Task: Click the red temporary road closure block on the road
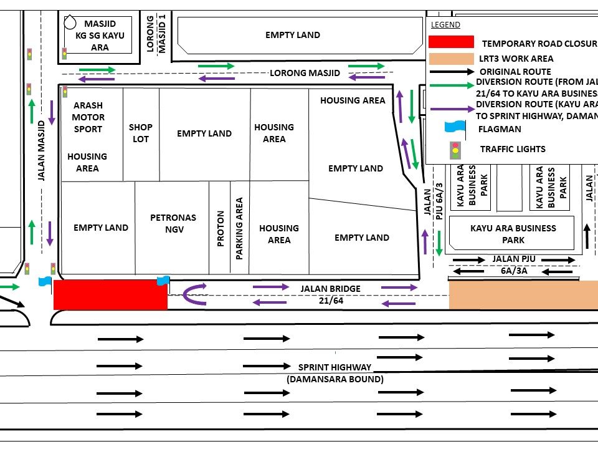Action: click(x=110, y=294)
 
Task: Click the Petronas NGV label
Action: click(x=173, y=223)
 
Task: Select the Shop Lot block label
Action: click(x=141, y=133)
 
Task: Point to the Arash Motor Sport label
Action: click(x=88, y=117)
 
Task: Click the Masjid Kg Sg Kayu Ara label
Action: click(x=100, y=36)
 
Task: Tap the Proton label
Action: click(x=220, y=229)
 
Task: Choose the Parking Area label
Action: click(x=239, y=229)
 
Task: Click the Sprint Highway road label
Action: click(x=335, y=373)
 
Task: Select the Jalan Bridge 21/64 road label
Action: click(x=330, y=294)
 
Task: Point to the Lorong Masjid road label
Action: click(x=305, y=73)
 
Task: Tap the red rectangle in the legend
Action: click(x=451, y=42)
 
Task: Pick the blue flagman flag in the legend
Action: click(x=455, y=127)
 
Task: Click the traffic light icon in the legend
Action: click(x=455, y=149)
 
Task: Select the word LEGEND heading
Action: click(x=445, y=25)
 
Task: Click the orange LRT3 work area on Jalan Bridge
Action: click(x=523, y=295)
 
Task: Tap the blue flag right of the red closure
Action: click(x=164, y=281)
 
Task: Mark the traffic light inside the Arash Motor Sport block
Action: click(x=65, y=92)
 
